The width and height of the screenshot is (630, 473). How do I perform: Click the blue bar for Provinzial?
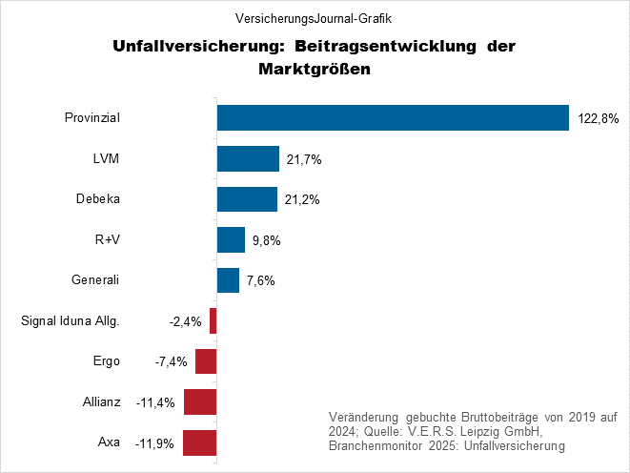tap(393, 117)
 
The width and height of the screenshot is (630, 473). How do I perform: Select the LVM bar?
tap(248, 158)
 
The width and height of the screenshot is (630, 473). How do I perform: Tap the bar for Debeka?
tap(247, 199)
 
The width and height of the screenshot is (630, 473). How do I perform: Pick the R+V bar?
tap(231, 240)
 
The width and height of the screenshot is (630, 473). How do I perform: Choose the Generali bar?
tap(228, 280)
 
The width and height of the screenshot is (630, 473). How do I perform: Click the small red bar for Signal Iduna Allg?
tap(213, 321)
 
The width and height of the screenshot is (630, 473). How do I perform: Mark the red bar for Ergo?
tap(206, 361)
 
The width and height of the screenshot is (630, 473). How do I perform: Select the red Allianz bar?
tap(200, 402)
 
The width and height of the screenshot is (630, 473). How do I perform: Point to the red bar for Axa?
tap(199, 443)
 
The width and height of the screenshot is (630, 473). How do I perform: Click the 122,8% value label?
tap(599, 119)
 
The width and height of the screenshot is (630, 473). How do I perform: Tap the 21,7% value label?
tap(304, 159)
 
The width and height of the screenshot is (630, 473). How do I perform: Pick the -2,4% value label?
tap(185, 321)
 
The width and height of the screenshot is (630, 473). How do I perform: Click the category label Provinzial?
tap(91, 117)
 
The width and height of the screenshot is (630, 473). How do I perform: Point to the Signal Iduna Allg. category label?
tap(70, 321)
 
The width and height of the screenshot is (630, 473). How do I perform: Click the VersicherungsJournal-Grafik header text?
tap(314, 18)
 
